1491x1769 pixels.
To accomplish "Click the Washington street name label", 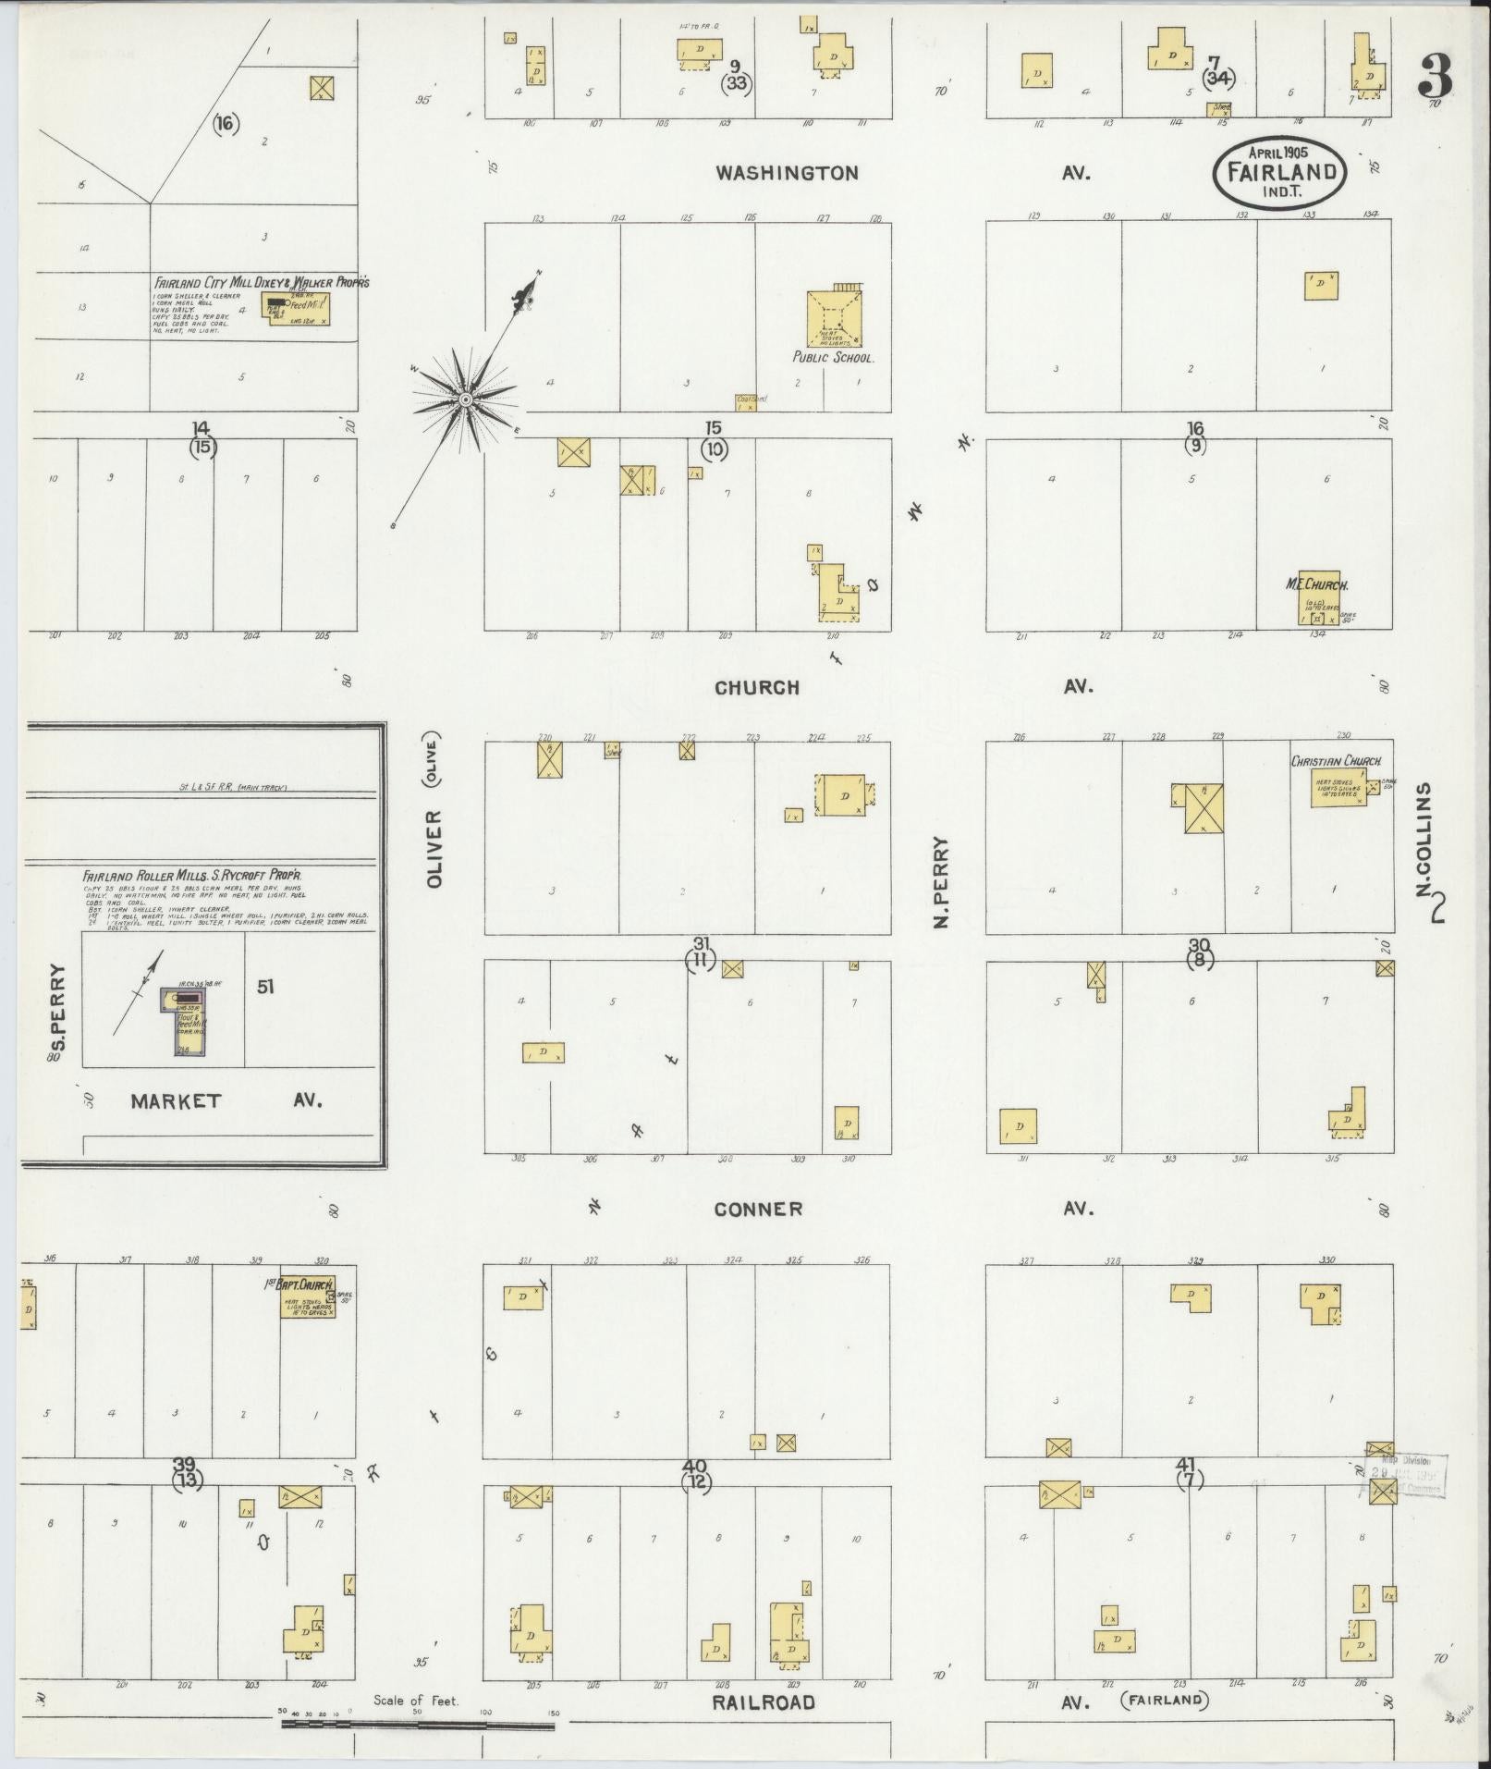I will click(787, 173).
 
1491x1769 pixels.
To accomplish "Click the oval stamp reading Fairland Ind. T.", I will click(1280, 173).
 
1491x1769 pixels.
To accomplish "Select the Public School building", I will click(834, 321).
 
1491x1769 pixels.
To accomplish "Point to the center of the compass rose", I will click(467, 399).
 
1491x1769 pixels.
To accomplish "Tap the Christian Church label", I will click(1336, 761).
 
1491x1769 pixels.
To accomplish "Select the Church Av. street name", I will click(756, 687).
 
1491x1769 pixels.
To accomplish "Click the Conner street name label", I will click(758, 1209).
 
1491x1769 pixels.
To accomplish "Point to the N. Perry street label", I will click(941, 882).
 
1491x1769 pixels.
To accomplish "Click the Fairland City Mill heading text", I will click(261, 282).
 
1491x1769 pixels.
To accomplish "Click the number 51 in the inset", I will click(265, 987).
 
